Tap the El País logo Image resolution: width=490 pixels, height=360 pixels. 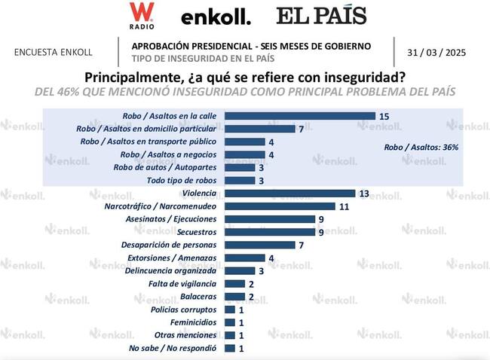click(x=321, y=15)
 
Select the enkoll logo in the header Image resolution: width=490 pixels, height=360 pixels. click(x=216, y=17)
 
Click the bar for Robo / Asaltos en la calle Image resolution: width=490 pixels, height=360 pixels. click(x=300, y=116)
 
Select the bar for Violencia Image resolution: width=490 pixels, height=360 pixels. click(x=290, y=194)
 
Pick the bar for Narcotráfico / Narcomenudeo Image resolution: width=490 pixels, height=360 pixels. click(x=280, y=206)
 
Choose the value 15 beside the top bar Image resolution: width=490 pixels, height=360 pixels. click(x=384, y=116)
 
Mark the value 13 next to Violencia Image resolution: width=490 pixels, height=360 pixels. click(x=364, y=194)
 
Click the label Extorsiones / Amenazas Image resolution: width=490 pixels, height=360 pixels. click(x=177, y=258)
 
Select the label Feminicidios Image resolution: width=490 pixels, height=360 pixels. click(x=194, y=322)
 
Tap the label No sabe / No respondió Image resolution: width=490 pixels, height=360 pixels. click(x=173, y=348)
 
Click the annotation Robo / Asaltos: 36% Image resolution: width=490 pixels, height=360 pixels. click(x=421, y=148)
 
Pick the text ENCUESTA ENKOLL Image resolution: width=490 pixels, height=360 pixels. click(x=54, y=53)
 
